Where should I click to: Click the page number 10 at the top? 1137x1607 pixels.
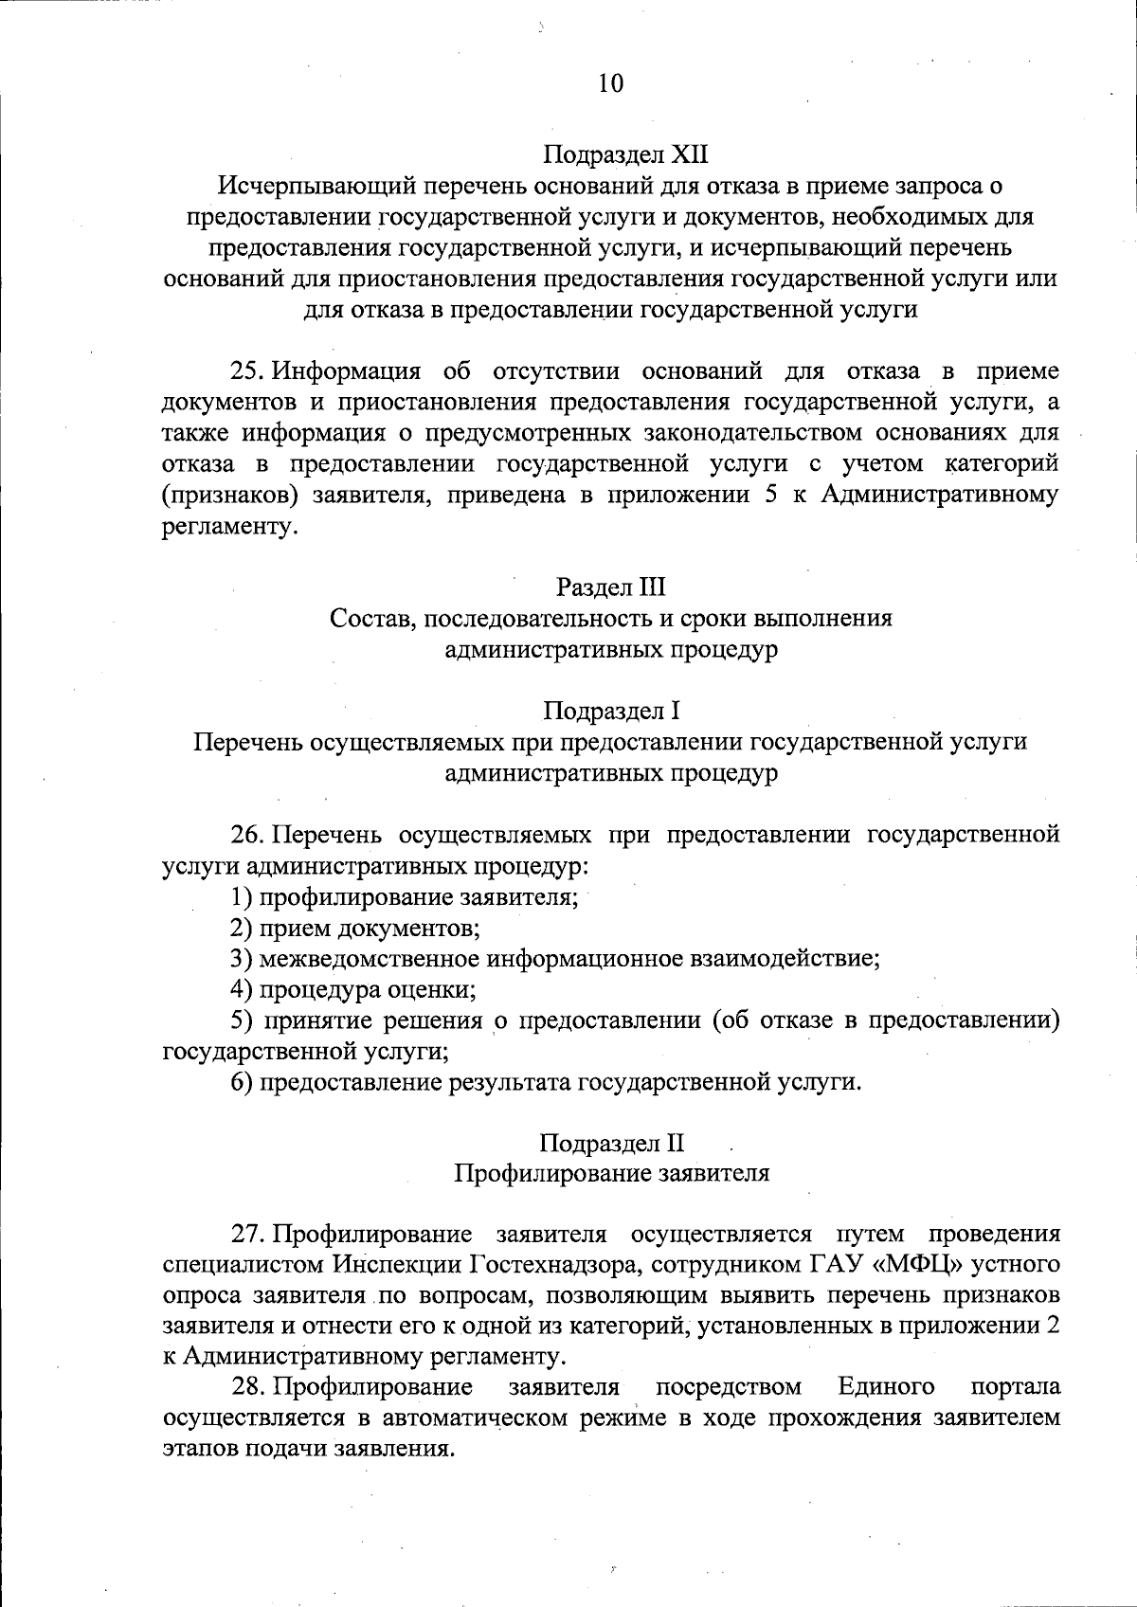[611, 83]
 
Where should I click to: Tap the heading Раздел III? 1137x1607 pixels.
[611, 588]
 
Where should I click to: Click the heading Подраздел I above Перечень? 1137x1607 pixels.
[611, 710]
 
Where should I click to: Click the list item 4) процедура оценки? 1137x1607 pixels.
[353, 990]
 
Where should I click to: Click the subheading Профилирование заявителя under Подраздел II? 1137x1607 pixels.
[611, 1173]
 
